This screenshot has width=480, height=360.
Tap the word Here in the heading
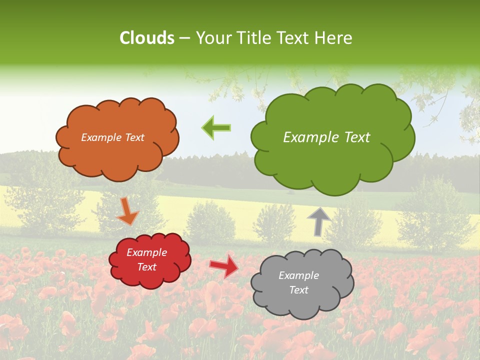335,38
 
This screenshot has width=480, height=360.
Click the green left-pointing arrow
216,127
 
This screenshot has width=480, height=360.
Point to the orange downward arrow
128,211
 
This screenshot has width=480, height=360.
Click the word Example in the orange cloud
100,137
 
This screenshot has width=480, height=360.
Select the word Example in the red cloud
146,252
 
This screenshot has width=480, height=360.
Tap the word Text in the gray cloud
298,290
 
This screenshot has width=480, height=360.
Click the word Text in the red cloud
146,267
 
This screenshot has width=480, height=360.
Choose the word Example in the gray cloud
298,275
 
